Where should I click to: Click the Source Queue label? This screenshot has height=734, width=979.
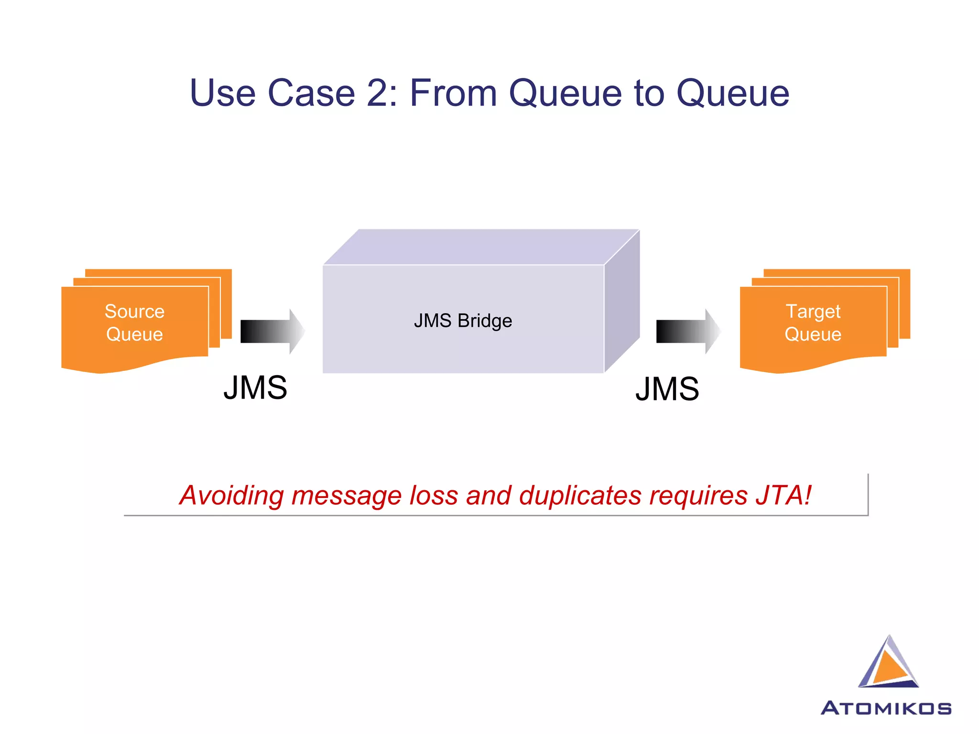click(x=135, y=323)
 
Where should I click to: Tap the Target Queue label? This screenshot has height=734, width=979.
click(x=813, y=323)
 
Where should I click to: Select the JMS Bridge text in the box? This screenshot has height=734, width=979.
click(x=463, y=321)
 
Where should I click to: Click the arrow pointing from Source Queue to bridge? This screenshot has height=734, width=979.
click(x=272, y=331)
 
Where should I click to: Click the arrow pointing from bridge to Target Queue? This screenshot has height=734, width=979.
click(x=687, y=331)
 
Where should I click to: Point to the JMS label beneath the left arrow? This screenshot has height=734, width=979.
click(x=255, y=388)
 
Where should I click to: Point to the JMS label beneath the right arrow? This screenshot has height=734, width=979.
click(x=667, y=389)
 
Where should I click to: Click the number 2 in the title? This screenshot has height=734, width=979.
click(x=377, y=93)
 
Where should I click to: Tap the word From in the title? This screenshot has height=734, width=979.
click(x=453, y=93)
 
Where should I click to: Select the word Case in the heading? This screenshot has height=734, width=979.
click(x=311, y=93)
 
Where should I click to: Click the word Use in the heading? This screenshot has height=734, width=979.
click(x=222, y=93)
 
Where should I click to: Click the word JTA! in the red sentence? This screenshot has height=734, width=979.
click(x=783, y=495)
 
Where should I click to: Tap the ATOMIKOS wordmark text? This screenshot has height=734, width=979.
click(x=886, y=708)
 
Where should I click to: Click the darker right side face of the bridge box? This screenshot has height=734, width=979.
click(x=622, y=301)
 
